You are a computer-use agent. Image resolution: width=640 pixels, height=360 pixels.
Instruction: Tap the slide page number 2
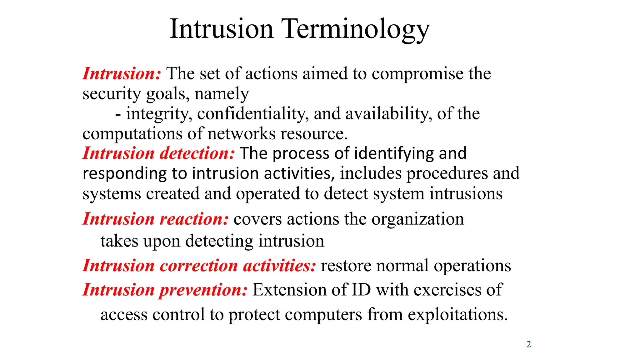(528, 344)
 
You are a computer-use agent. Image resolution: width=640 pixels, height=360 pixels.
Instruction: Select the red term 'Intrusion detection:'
(158, 153)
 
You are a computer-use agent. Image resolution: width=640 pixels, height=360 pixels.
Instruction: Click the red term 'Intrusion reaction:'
(156, 219)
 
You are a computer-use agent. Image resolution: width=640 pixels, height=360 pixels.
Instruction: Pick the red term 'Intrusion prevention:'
(165, 290)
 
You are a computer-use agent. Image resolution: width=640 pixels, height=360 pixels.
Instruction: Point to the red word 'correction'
(199, 266)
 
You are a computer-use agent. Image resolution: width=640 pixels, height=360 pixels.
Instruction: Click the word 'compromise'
(417, 74)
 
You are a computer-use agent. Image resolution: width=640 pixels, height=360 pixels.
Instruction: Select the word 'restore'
(346, 266)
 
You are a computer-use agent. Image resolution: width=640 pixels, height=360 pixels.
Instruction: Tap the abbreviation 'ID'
(361, 290)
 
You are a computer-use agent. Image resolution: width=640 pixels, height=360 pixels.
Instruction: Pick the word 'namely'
(222, 94)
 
